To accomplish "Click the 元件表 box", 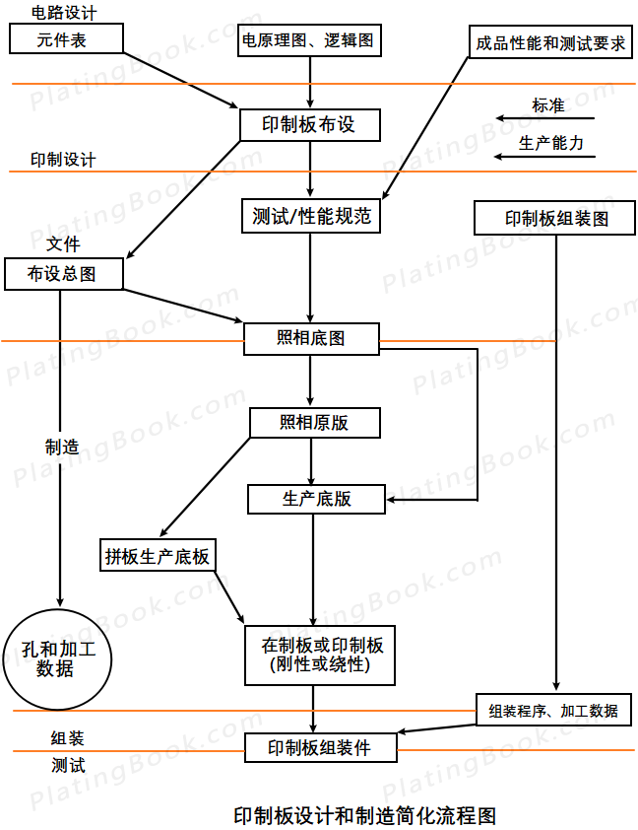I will (x=65, y=39).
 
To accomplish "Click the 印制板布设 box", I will (x=310, y=125).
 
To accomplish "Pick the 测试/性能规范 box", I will (x=310, y=217).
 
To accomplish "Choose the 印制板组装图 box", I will (x=556, y=219).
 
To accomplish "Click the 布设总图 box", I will (x=63, y=274).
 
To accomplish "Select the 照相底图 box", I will (x=311, y=339).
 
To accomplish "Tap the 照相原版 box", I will (x=313, y=424).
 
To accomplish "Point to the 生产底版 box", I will (x=316, y=499).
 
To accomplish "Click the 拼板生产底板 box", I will (x=158, y=556).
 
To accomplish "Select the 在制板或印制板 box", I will (x=320, y=656).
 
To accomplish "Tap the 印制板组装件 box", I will (x=320, y=748).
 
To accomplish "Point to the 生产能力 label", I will (x=551, y=144).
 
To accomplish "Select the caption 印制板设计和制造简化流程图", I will (x=364, y=814).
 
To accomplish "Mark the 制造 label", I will (x=62, y=446).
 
